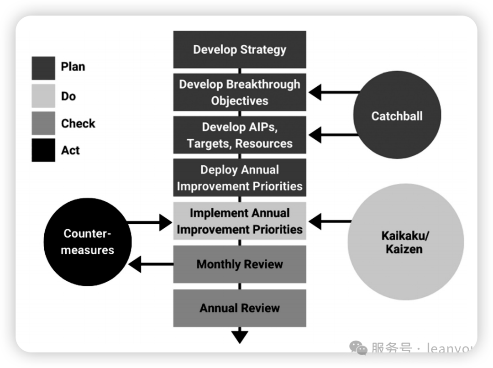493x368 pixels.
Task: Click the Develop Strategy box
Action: [240, 49]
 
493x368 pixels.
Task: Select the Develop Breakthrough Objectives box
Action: [240, 92]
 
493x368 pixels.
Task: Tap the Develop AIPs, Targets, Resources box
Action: [240, 135]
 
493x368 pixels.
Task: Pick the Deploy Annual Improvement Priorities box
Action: [240, 178]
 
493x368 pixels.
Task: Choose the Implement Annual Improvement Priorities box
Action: [240, 221]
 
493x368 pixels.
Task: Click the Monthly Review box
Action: [240, 264]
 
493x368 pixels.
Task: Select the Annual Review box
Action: [240, 308]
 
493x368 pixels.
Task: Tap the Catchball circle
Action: [397, 116]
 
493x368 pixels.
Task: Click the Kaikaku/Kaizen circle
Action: [405, 242]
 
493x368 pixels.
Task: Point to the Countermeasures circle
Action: [88, 242]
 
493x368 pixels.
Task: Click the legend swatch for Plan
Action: [43, 68]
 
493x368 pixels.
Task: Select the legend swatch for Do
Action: [43, 96]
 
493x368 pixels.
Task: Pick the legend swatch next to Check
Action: [43, 123]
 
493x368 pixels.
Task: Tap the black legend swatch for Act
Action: [43, 150]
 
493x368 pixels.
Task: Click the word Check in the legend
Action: [78, 123]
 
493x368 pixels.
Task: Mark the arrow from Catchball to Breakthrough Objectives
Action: [333, 93]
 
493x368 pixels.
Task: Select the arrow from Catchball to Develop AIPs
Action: [333, 135]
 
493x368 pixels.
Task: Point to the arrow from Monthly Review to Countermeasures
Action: [151, 264]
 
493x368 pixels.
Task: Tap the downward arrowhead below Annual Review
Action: [240, 337]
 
